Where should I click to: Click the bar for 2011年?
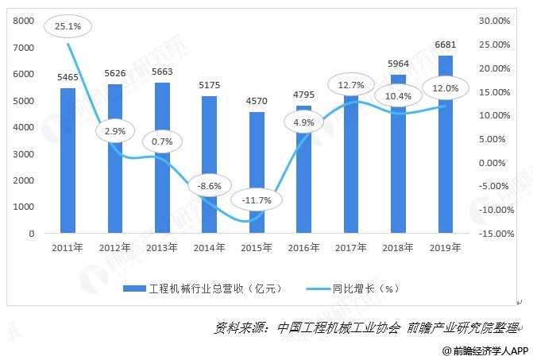(68, 161)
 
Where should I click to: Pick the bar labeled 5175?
(209, 165)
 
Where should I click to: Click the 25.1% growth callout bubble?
(67, 26)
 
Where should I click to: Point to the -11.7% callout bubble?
(256, 200)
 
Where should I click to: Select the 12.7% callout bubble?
(350, 85)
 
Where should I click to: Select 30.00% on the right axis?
(496, 21)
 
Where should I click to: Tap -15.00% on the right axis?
(495, 234)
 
